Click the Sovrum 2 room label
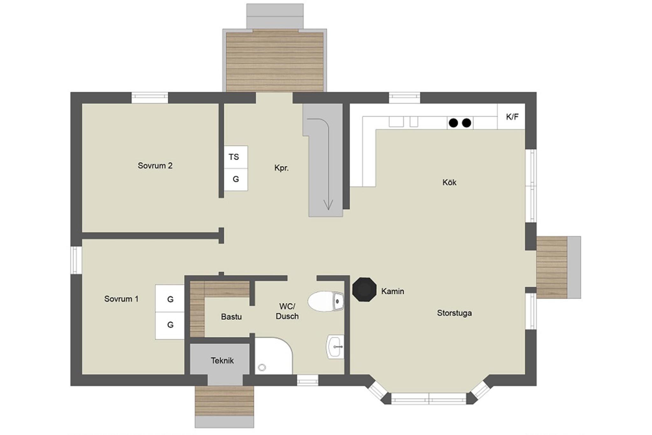[x=155, y=166]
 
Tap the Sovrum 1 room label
[x=121, y=299]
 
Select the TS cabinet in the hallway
[x=236, y=157]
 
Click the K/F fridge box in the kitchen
[x=511, y=117]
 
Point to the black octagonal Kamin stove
[x=365, y=289]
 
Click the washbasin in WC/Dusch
[x=335, y=347]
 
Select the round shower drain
[x=262, y=368]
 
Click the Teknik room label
[x=222, y=361]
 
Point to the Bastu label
[x=231, y=317]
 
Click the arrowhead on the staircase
[x=328, y=205]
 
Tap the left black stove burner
[x=453, y=123]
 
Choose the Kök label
[x=450, y=183]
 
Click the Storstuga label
[x=454, y=313]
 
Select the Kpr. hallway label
[x=281, y=168]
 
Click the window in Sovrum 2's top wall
[x=150, y=98]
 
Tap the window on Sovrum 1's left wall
[x=76, y=260]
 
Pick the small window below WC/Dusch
[x=308, y=380]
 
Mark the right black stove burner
[x=466, y=123]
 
